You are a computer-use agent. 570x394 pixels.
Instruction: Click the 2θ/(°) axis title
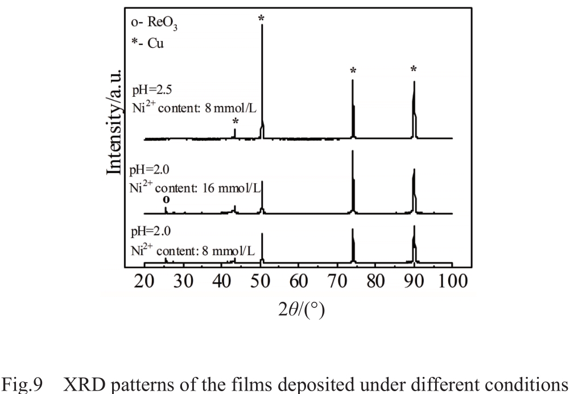click(298, 311)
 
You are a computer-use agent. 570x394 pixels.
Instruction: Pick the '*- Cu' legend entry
click(147, 44)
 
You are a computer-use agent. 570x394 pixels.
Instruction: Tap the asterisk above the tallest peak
click(262, 19)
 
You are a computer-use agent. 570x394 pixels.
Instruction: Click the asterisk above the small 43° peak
click(235, 122)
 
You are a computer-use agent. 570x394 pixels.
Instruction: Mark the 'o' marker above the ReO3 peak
click(166, 200)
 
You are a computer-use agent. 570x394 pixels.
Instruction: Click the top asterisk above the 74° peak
click(353, 71)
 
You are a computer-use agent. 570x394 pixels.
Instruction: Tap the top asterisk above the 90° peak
click(414, 69)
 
